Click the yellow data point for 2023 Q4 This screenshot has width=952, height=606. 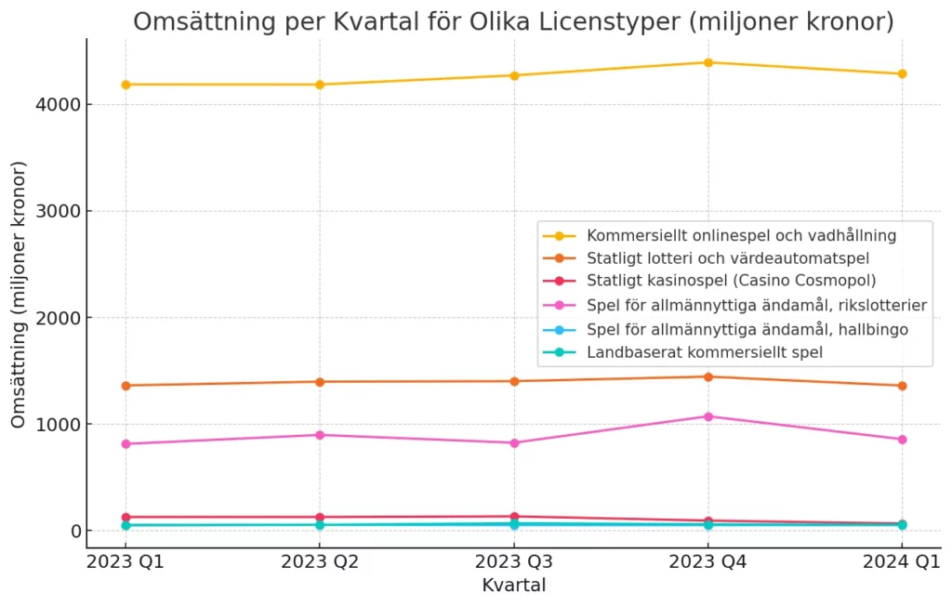707,62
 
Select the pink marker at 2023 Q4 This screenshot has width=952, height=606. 707,416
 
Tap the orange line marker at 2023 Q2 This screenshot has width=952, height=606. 320,382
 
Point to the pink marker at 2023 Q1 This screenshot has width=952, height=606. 126,444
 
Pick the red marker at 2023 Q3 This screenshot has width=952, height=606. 514,517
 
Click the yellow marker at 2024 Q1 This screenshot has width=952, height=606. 902,73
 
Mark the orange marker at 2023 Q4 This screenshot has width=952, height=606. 707,376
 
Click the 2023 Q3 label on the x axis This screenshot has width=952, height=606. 514,561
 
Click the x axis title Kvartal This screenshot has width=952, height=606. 514,586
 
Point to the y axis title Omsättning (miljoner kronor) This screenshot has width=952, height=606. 19,295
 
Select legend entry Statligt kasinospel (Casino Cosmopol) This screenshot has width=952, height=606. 731,281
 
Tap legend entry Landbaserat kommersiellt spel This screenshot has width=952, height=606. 704,352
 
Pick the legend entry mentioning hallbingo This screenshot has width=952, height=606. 747,329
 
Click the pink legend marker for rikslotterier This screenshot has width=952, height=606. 559,305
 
